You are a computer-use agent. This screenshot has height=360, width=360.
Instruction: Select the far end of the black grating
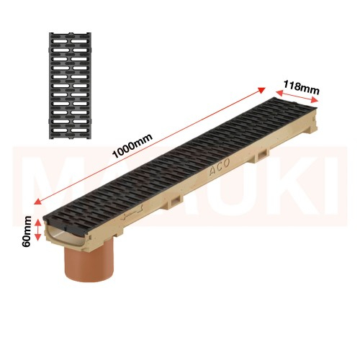tap(295, 101)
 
